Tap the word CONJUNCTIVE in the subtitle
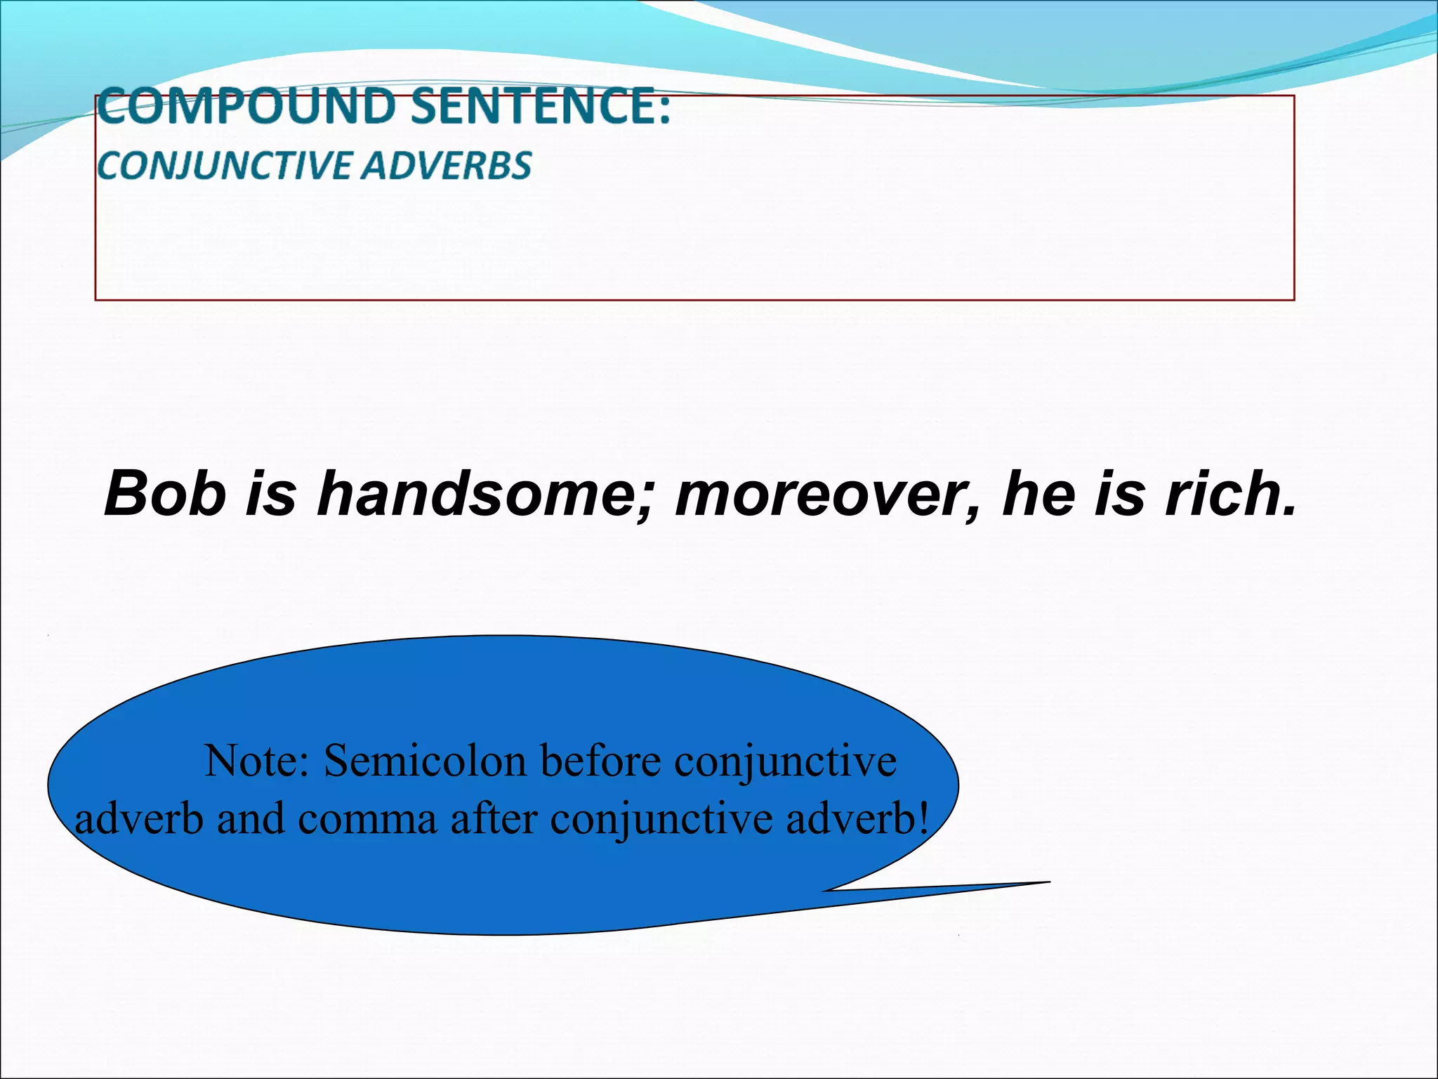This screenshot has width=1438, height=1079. click(225, 166)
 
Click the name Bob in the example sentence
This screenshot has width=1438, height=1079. click(165, 494)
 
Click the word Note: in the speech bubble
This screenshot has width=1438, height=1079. click(257, 761)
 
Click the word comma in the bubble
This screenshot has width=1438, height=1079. click(367, 820)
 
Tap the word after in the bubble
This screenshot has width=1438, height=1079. click(494, 818)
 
